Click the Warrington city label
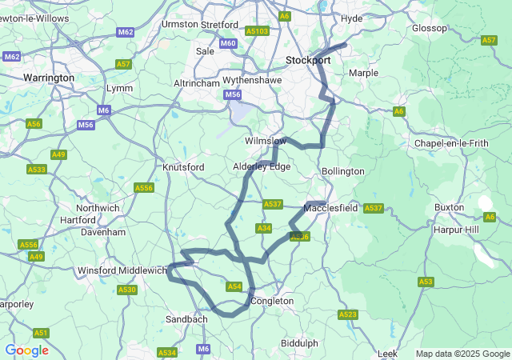point(49,78)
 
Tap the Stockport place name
point(309,60)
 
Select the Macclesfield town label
point(331,208)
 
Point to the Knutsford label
point(184,167)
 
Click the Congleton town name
point(272,302)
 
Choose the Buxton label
point(449,207)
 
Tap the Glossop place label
point(430,28)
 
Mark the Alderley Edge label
point(262,166)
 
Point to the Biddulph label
point(299,342)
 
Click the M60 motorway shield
point(228,43)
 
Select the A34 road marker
point(265,229)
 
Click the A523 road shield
point(348,314)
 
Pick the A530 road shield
point(126,290)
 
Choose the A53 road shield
point(426,282)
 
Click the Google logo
point(26,350)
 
